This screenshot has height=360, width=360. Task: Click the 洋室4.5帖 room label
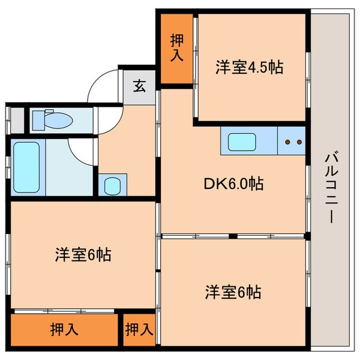pyautogui.click(x=249, y=67)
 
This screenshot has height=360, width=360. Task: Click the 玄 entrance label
pyautogui.click(x=139, y=86)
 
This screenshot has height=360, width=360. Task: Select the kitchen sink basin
pyautogui.click(x=242, y=143)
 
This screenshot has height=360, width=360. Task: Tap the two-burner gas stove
pyautogui.click(x=293, y=142)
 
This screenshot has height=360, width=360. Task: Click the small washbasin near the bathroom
pyautogui.click(x=112, y=185)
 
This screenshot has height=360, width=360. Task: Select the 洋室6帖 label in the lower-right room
pyautogui.click(x=233, y=292)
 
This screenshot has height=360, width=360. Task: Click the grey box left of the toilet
pyautogui.click(x=18, y=119)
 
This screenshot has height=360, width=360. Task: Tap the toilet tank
pyautogui.click(x=37, y=120)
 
